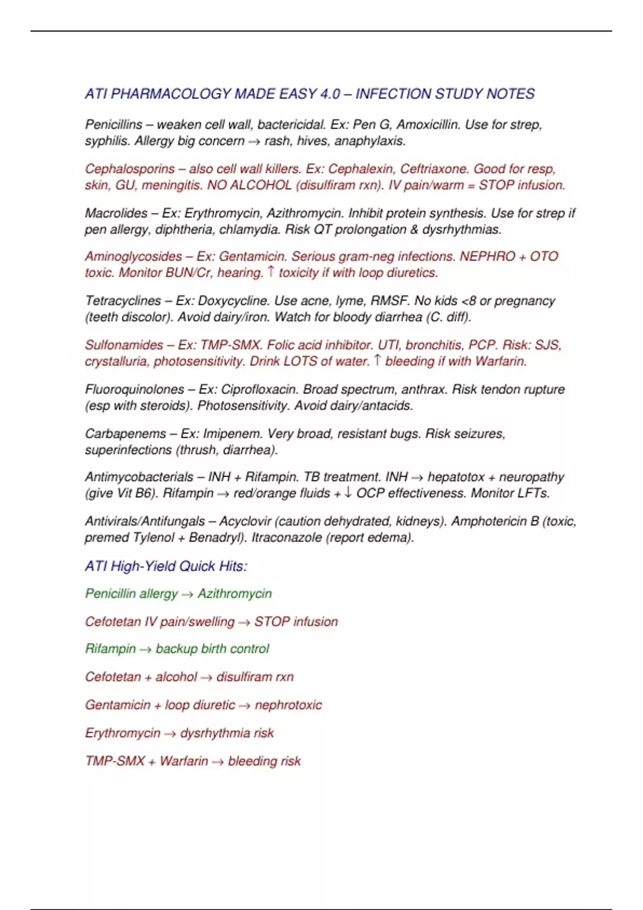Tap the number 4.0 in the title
tap(330, 94)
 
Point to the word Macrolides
tap(116, 213)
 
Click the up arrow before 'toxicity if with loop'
tap(271, 272)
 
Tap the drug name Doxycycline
tap(234, 301)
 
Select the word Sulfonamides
tap(124, 345)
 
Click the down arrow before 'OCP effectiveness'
tap(348, 492)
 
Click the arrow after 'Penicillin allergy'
tap(187, 595)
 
